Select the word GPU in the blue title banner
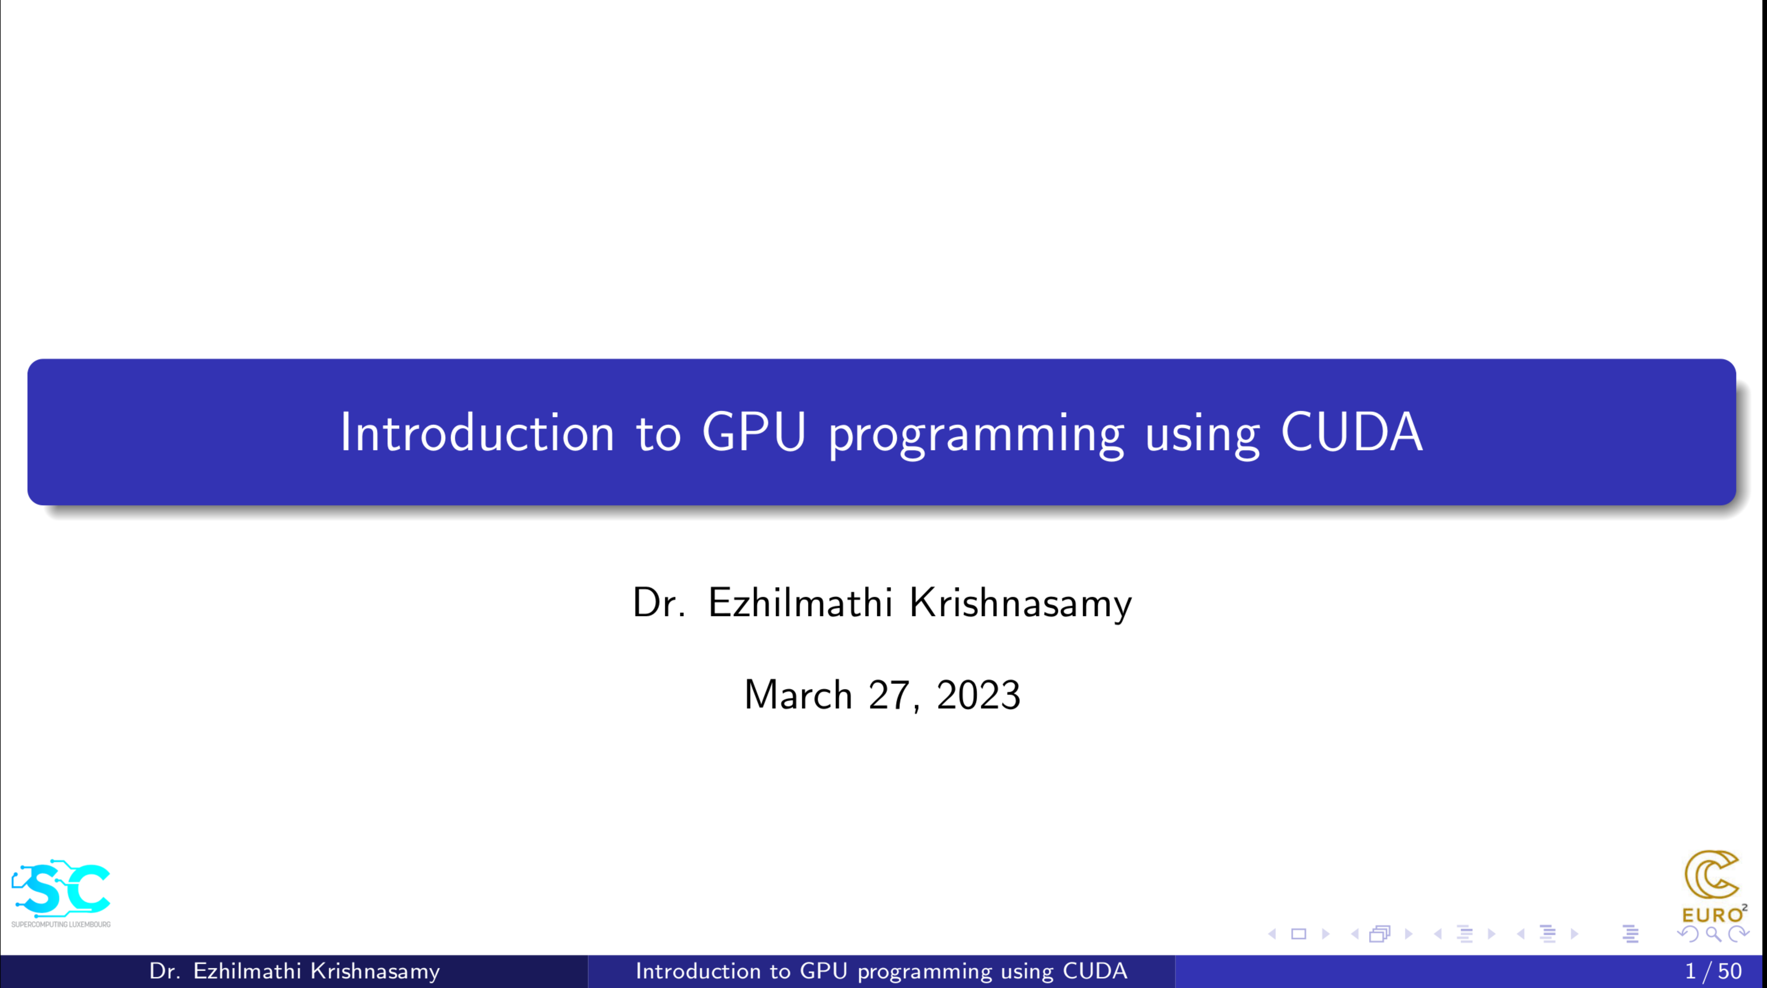point(754,432)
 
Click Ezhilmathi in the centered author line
point(800,602)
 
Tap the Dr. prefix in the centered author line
point(659,602)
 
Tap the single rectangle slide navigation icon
point(1298,934)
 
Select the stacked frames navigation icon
point(1379,934)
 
